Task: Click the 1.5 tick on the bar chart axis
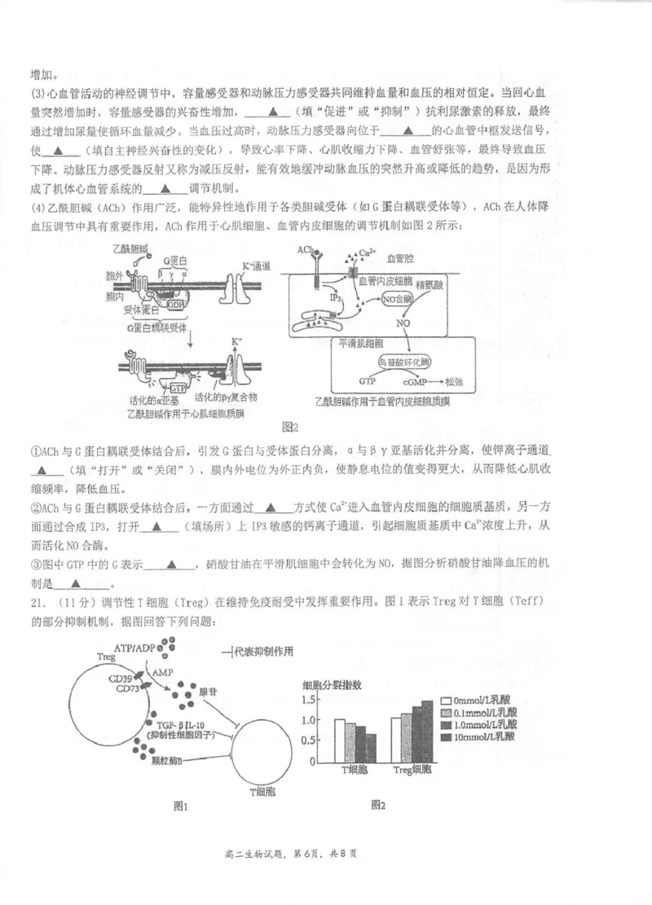tap(307, 700)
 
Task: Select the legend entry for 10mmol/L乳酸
tap(478, 736)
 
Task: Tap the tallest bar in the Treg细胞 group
tap(428, 727)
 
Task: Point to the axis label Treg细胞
tap(412, 770)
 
